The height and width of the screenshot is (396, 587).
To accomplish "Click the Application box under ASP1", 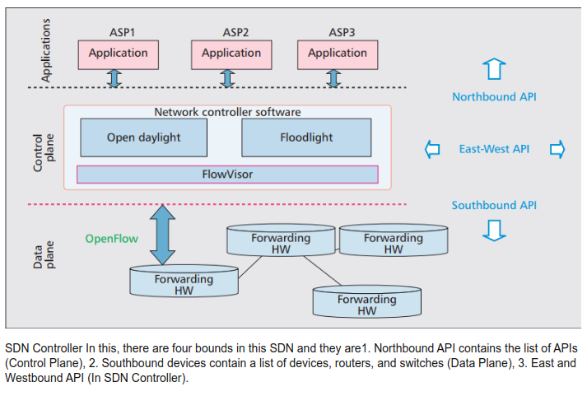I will tap(118, 54).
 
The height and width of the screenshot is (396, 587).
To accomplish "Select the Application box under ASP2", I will tap(231, 54).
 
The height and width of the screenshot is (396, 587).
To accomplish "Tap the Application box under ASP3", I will tap(338, 54).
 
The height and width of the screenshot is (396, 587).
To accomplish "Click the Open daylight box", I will tap(143, 137).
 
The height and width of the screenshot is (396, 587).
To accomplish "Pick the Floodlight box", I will tap(305, 137).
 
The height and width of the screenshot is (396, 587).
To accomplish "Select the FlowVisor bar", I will tap(227, 175).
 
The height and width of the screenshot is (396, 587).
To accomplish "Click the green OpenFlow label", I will tap(112, 239).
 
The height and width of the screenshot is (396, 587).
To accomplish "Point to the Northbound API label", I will tap(494, 97).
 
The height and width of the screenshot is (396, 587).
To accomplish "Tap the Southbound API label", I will tap(494, 205).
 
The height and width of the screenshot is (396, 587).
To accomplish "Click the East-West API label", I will tap(494, 149).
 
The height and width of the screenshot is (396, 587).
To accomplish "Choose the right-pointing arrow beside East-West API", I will tap(557, 149).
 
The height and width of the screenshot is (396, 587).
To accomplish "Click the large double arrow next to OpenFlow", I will tap(163, 234).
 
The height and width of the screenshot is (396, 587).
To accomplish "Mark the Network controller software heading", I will tap(228, 112).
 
